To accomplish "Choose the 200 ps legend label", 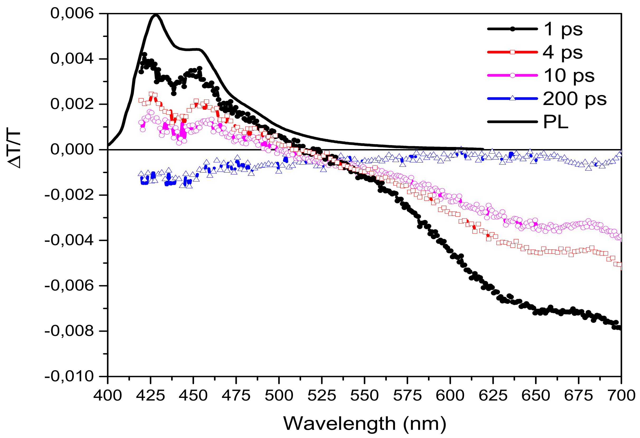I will pos(574,99).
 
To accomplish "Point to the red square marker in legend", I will pos(512,52).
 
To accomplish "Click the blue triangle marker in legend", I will pos(512,98).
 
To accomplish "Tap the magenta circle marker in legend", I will pos(512,75).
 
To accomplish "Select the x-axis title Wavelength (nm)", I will pos(364,423).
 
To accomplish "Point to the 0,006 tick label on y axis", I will pos(72,13).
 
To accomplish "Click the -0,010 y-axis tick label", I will pos(69,376).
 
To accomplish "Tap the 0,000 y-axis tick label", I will pos(72,150).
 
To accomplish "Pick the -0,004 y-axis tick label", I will pos(69,240).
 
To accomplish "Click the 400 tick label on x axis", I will pos(108,396).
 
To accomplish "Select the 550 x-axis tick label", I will pos(364,396).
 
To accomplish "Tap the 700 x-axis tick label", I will pos(621,396).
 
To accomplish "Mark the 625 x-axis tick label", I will pos(493,396).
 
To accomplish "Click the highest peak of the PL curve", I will pos(156,15).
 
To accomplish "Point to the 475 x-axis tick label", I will pos(236,396).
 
